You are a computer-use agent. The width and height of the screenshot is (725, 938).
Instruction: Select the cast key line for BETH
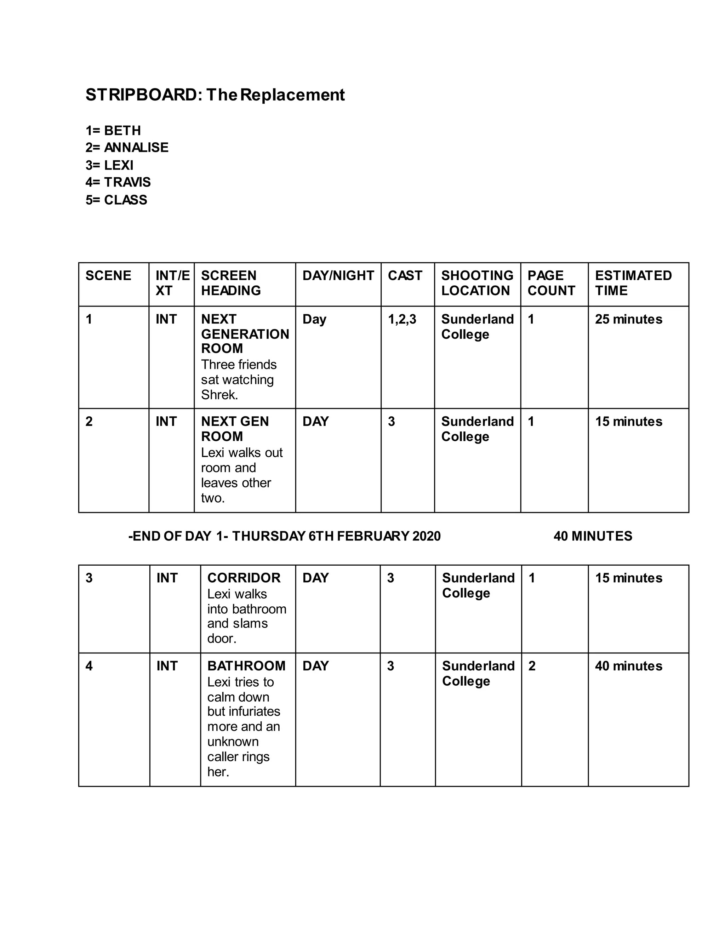tap(113, 131)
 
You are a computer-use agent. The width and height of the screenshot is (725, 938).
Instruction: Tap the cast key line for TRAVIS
tap(118, 182)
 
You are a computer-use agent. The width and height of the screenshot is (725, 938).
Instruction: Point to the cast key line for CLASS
tap(116, 200)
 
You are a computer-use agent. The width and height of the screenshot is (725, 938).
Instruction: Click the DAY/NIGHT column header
tap(338, 275)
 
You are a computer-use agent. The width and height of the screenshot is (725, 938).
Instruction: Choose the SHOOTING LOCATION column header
tap(477, 283)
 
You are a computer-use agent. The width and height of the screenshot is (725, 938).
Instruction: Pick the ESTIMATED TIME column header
tap(633, 283)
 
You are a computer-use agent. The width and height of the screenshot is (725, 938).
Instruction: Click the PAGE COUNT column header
tap(551, 283)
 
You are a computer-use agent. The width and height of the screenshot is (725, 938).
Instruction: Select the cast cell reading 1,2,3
tap(402, 319)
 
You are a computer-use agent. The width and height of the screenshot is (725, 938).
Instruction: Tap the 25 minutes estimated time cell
tap(628, 319)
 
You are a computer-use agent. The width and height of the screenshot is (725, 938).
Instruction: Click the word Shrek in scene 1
tap(219, 395)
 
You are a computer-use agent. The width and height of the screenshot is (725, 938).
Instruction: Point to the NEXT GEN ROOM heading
tap(235, 429)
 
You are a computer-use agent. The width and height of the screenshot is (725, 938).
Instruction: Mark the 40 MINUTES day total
tap(593, 536)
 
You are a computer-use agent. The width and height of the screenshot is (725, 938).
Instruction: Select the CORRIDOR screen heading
tap(244, 578)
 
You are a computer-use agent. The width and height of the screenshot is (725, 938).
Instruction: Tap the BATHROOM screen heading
tap(246, 666)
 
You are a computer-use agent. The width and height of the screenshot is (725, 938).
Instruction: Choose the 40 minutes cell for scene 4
tap(628, 666)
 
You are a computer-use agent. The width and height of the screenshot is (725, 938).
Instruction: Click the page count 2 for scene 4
tap(532, 666)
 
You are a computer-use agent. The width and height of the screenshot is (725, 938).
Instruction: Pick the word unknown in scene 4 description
tap(233, 742)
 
